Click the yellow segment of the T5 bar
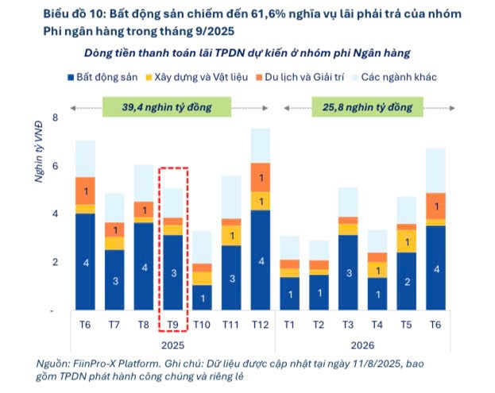(407, 241)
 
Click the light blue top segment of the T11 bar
(231, 197)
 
